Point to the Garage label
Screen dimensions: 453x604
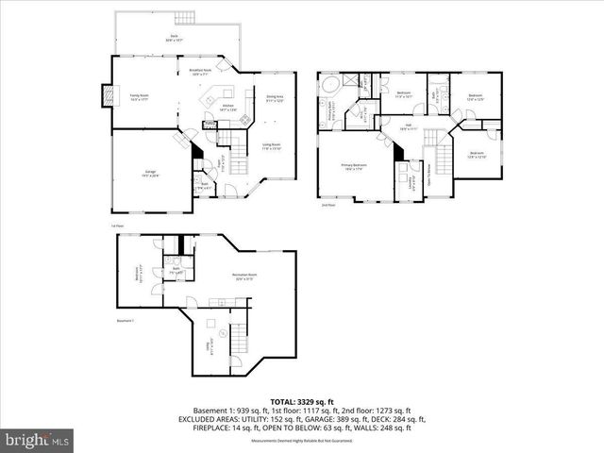click(150, 173)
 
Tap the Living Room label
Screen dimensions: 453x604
click(272, 145)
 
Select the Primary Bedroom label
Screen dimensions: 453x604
click(355, 166)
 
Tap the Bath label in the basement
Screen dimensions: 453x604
click(176, 270)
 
